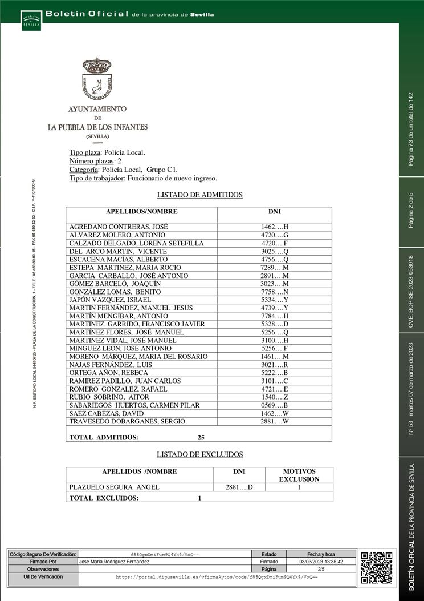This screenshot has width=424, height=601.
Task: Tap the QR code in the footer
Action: (376, 567)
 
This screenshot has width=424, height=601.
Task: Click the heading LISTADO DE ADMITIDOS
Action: (199, 195)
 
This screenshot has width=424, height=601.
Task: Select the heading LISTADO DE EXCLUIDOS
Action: (199, 454)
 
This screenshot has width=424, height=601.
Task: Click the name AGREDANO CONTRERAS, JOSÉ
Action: (118, 227)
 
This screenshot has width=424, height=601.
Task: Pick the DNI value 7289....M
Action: (275, 268)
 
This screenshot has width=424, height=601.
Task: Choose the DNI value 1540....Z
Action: (275, 397)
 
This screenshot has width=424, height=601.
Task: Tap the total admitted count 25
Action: (201, 437)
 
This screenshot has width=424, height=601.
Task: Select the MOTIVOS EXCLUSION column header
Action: (299, 475)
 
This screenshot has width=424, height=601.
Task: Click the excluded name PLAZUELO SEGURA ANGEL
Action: (114, 487)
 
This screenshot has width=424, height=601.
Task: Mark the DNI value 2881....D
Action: (239, 487)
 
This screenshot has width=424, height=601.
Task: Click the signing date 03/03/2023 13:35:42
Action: (321, 562)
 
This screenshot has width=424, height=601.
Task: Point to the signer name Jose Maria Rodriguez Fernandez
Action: (119, 562)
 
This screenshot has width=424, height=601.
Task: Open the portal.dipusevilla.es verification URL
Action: (217, 577)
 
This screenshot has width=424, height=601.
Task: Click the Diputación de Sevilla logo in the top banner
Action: (31, 21)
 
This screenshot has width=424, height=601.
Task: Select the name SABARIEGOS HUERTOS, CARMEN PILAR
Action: (134, 405)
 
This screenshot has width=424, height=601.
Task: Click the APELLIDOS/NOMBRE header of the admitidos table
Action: (141, 212)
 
